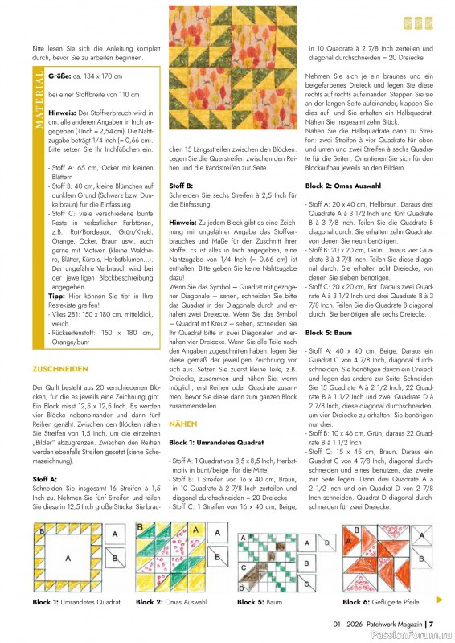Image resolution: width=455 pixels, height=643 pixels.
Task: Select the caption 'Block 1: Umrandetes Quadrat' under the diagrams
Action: click(x=76, y=601)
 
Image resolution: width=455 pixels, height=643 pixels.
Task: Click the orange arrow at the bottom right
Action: click(x=438, y=599)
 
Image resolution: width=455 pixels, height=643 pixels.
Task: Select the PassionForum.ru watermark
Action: click(x=410, y=634)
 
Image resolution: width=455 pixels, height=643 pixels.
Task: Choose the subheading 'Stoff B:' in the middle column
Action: click(x=181, y=186)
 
